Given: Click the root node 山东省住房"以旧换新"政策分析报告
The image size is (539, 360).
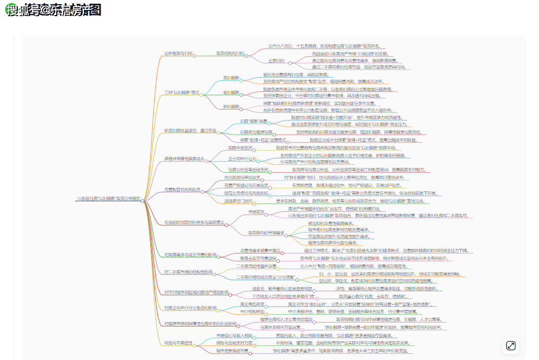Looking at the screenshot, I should (108, 199).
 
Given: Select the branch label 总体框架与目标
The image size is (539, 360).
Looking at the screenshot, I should (178, 53).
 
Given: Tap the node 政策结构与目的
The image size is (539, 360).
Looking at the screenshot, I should (230, 53).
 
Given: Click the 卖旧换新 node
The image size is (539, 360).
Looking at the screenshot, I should (231, 78).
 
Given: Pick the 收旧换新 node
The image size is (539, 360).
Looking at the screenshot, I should (231, 92).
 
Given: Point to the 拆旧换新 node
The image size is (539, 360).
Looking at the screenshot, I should (231, 107).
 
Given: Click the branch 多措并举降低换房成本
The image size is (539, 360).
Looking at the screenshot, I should (185, 159).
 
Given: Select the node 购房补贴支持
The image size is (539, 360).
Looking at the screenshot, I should (239, 148).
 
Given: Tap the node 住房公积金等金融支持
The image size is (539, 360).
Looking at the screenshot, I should (248, 170).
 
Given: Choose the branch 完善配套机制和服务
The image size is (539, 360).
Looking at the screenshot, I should (182, 189).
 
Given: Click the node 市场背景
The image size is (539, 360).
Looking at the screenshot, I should (256, 211).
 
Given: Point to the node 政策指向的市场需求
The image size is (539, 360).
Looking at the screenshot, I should (266, 233).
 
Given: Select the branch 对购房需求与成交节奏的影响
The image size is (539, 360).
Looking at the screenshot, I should (190, 255).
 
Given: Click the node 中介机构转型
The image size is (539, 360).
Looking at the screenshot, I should (252, 311).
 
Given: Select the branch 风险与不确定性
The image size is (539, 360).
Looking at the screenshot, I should (178, 343).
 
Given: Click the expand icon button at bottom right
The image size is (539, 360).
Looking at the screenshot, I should (511, 345).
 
